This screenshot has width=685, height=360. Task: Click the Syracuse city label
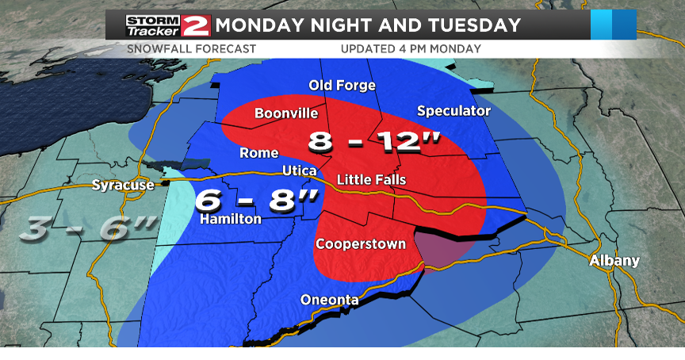[x=122, y=186]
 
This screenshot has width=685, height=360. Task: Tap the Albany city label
[x=614, y=261]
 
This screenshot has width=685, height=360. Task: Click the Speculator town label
[x=453, y=111]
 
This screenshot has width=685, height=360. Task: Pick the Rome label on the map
[x=258, y=153]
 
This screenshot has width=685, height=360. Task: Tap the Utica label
[x=300, y=171]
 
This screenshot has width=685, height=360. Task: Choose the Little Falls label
[x=371, y=180]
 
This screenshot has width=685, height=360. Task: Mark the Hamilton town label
[x=231, y=219]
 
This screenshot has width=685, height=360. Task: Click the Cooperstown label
[x=361, y=243]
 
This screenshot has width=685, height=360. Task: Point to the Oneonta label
[x=329, y=300]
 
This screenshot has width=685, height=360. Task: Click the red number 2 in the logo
[x=195, y=25]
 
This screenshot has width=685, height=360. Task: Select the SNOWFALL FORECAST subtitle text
[x=191, y=49]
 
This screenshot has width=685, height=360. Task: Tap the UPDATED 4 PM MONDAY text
[x=411, y=49]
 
